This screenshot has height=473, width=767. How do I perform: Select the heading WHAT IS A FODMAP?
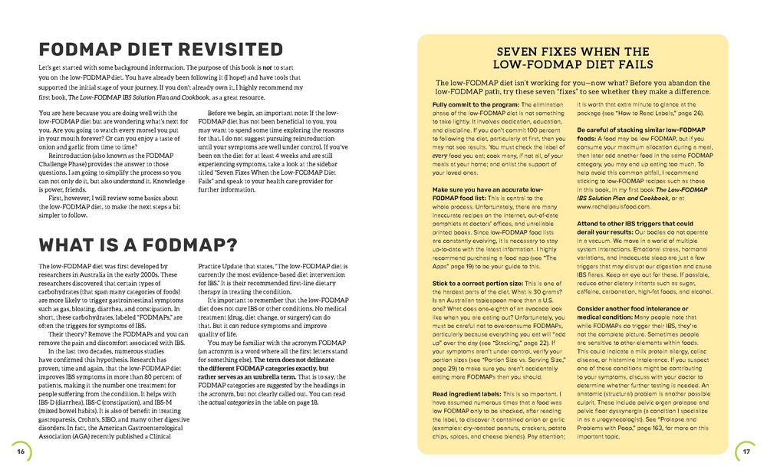click(127, 245)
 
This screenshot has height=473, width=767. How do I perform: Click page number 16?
click(21, 451)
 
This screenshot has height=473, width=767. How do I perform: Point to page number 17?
click(744, 451)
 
